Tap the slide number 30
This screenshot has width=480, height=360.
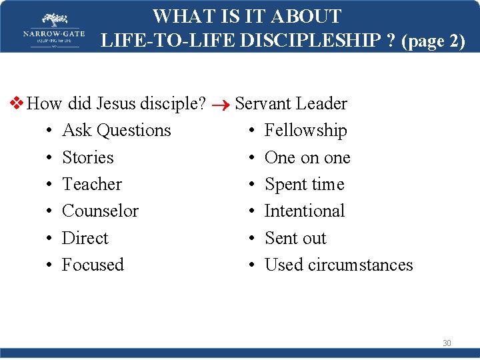coord(447,343)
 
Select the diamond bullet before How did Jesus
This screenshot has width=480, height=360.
coord(18,103)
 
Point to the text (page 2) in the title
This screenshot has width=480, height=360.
coord(433,41)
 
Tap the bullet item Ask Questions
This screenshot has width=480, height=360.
coord(116,131)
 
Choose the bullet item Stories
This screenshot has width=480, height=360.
coord(87,157)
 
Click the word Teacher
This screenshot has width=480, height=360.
coord(92,184)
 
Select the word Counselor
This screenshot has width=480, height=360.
coord(100,211)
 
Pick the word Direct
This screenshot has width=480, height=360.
coord(85,238)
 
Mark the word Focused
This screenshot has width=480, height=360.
coord(93,265)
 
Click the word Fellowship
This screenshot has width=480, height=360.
coord(305,131)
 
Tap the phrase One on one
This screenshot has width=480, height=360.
coord(307,157)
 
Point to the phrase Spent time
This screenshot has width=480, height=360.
coord(304,184)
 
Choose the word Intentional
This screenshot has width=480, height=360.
coord(304,211)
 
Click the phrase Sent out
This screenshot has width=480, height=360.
coord(295,238)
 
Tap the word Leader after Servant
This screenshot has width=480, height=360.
coord(321,103)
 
